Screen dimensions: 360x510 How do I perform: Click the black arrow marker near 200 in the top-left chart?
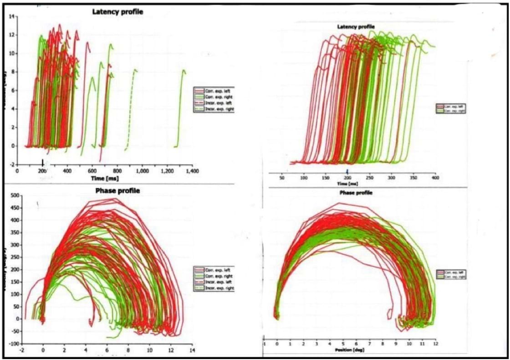click(43, 163)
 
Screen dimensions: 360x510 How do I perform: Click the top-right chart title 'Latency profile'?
click(356, 27)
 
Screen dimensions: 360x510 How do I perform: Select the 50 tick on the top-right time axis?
click(282, 177)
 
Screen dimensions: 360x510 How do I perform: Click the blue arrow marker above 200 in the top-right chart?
click(347, 170)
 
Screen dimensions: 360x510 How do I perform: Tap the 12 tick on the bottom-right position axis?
click(436, 344)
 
